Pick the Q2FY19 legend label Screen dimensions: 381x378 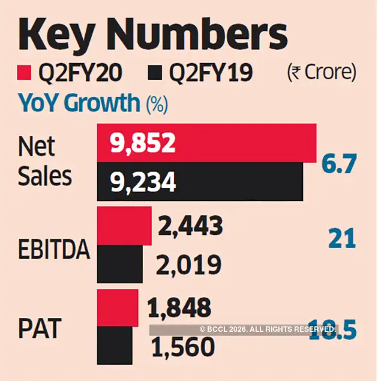(209, 73)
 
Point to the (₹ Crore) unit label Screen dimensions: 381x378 (321, 73)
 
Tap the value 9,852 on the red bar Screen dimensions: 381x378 (142, 143)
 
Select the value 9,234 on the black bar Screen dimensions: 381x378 (142, 182)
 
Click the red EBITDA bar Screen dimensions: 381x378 (124, 226)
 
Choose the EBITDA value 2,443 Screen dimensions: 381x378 (190, 226)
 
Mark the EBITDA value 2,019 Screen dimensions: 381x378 (189, 265)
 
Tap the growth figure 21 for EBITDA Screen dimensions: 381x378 (341, 239)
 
